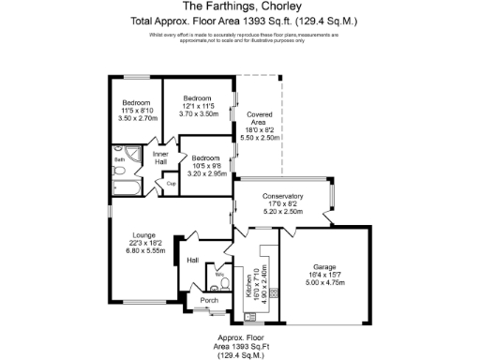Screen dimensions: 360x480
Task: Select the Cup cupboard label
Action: coord(172,184)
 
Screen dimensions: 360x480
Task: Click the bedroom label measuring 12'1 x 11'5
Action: coord(197,105)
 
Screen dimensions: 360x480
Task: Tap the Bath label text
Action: coord(120,160)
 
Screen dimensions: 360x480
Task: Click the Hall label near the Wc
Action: coord(192,260)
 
